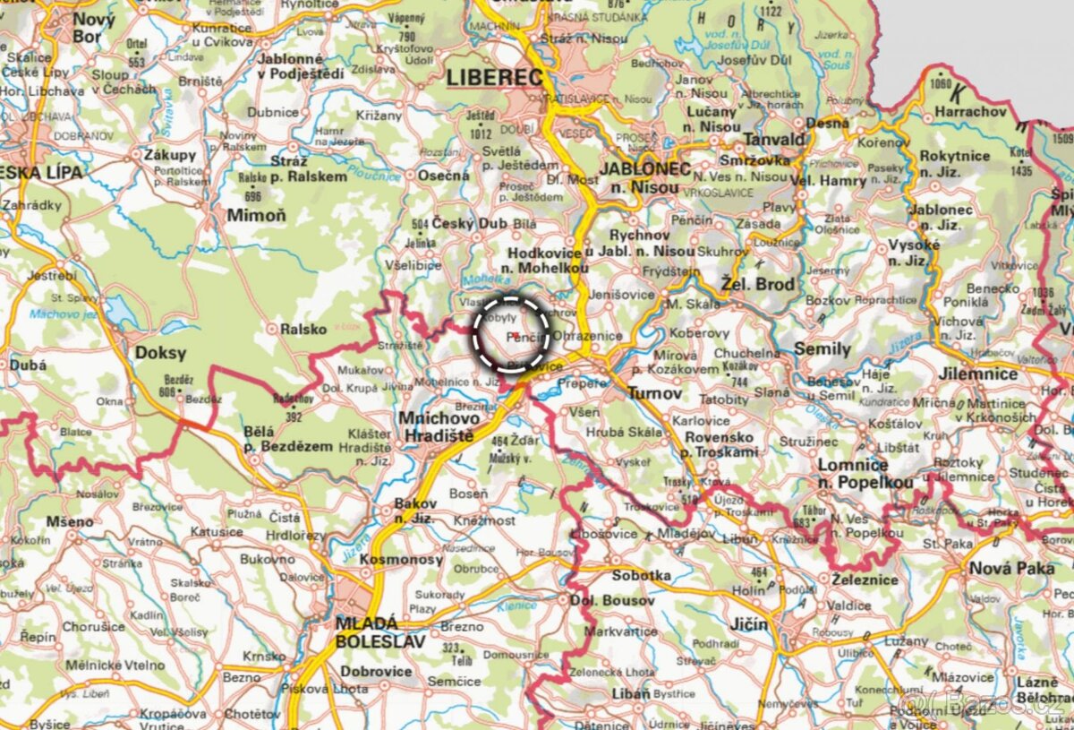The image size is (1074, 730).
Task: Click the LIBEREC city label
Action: (495, 78)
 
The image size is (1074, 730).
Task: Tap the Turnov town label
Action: (655, 392)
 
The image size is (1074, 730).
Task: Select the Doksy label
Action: (160, 353)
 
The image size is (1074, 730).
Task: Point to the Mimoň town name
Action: (256, 215)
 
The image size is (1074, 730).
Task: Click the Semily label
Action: (822, 348)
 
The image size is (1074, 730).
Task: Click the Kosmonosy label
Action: (401, 560)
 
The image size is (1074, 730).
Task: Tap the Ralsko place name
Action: (303, 329)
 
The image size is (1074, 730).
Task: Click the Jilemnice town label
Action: (979, 374)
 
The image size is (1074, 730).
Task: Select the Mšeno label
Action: (70, 521)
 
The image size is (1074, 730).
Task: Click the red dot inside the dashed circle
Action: (516, 333)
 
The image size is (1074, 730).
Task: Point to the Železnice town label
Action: (864, 579)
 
